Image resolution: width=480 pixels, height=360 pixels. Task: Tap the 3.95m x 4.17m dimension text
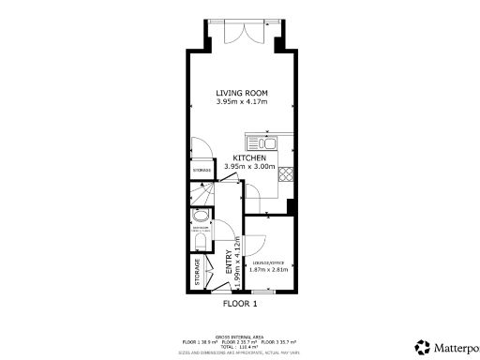pos(242,102)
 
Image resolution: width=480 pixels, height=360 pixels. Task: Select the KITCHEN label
pos(249,158)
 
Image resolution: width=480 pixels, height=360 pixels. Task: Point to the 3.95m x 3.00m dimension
pos(249,168)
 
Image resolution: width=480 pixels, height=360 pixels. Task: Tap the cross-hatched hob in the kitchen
pos(286,174)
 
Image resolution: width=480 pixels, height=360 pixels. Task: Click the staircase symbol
pos(201,199)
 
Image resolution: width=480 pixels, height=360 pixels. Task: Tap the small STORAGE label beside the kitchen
pos(202,170)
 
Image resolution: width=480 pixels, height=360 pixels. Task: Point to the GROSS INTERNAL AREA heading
pos(240,335)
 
